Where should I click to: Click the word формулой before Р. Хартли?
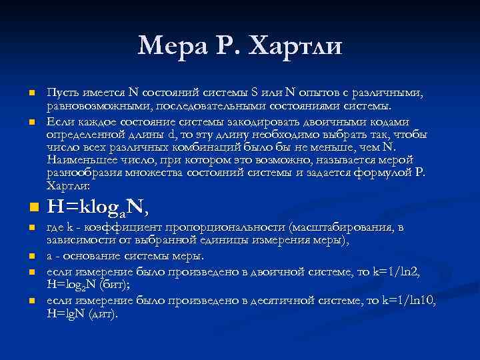(x=380, y=173)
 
